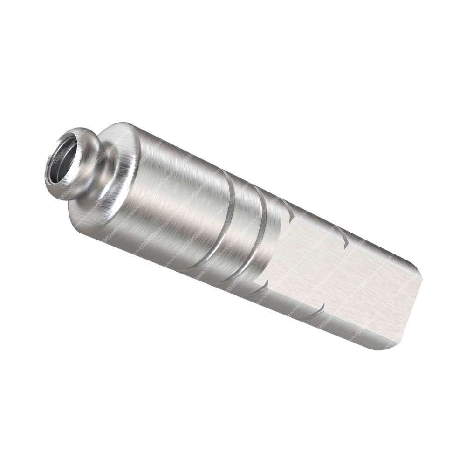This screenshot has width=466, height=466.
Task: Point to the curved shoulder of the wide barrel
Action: (116, 135)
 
